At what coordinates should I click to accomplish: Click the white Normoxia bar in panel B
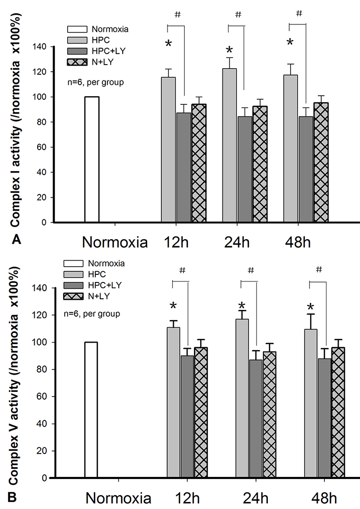pos(91,410)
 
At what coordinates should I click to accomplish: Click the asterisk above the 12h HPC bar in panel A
pos(169,44)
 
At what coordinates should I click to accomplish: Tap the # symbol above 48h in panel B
pos(319,270)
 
